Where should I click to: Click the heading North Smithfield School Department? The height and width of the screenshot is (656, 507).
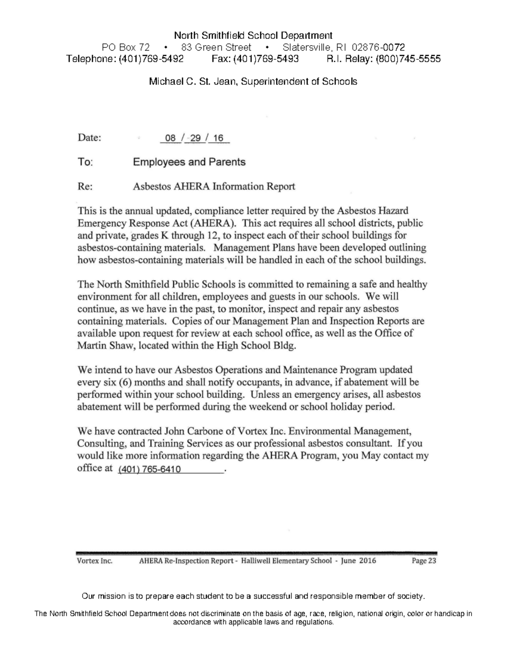point(253,35)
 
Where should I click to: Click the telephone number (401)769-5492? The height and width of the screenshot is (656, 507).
point(151,59)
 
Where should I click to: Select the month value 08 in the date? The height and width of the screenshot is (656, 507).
point(170,139)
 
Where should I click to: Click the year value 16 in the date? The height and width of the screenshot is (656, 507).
point(218,139)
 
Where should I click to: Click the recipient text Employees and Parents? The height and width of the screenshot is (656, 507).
point(189,162)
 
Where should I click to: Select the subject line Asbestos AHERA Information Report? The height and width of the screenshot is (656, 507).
point(214,186)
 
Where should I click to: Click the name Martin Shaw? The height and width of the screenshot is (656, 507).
point(98,346)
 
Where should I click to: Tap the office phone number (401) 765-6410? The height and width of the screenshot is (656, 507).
point(150,469)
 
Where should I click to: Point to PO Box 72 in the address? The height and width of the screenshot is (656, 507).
point(126,47)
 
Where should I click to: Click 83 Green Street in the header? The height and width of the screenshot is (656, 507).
point(216,47)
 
